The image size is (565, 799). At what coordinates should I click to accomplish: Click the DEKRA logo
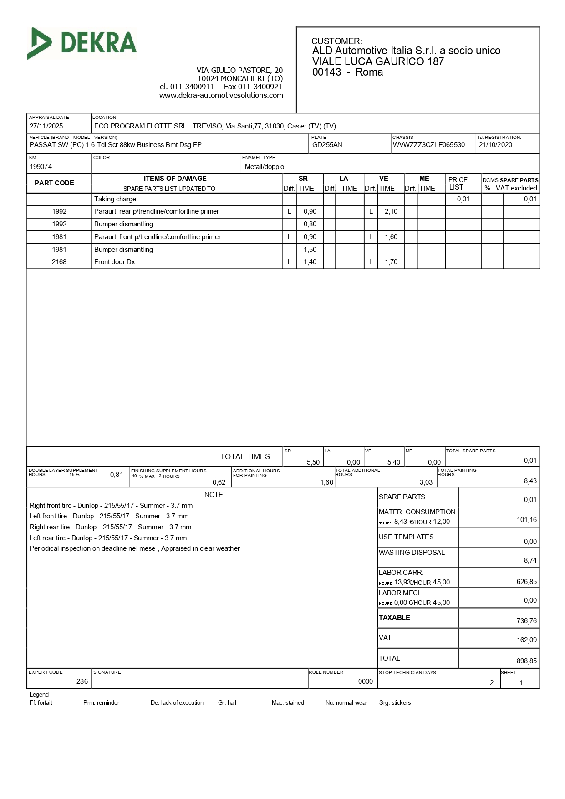coord(82,43)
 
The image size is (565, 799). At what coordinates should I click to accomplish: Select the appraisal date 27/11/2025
coord(46,126)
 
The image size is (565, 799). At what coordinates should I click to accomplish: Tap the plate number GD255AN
coord(327,145)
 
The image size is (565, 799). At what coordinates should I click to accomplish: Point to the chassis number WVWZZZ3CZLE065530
coord(429,145)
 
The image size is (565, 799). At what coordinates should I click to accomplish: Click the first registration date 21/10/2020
coord(495,145)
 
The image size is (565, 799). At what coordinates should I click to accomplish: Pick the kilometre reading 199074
coord(41,167)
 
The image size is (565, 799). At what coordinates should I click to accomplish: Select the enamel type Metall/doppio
coord(265,167)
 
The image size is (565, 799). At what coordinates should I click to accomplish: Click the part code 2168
coord(59,262)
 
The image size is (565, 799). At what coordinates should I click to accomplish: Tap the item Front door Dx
coord(115,262)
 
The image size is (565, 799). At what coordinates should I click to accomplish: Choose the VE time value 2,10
coord(391,211)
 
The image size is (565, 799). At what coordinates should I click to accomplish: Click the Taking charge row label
coord(115,199)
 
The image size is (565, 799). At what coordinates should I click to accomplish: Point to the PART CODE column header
coord(54,183)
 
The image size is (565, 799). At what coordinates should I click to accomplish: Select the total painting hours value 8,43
coord(530,481)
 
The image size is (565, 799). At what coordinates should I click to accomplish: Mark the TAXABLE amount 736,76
coord(527,621)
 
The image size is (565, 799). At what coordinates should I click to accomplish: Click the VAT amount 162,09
coord(527,640)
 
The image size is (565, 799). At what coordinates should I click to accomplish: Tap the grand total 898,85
coord(527,661)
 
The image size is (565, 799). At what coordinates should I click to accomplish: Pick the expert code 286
coord(82,681)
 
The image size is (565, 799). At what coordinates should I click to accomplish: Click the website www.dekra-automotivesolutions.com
coord(221,96)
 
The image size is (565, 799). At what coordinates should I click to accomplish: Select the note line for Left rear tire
coord(108,538)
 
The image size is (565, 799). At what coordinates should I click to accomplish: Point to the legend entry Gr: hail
coord(227,703)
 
